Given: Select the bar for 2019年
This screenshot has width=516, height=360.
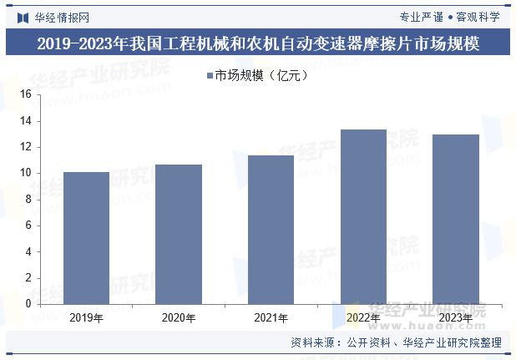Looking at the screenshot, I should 86,238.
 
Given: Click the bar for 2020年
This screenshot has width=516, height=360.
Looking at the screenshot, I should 179,234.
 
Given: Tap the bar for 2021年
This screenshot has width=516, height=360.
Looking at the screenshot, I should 271,230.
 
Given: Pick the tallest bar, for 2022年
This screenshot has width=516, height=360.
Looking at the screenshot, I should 363,216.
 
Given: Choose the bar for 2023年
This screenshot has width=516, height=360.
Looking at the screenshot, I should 456,219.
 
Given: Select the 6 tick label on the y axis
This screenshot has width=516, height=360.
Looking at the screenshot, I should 28,226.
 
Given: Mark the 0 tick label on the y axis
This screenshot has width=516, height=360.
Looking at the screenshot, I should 28,304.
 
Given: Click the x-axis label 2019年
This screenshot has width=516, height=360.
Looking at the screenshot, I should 86,318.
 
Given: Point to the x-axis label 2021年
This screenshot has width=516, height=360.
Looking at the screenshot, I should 271,318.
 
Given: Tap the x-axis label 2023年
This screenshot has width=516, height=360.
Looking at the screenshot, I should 456,318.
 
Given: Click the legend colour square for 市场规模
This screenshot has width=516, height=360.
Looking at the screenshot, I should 210,76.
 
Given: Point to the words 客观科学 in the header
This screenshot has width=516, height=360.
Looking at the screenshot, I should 478,16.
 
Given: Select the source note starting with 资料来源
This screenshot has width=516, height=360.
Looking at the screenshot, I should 396,342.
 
